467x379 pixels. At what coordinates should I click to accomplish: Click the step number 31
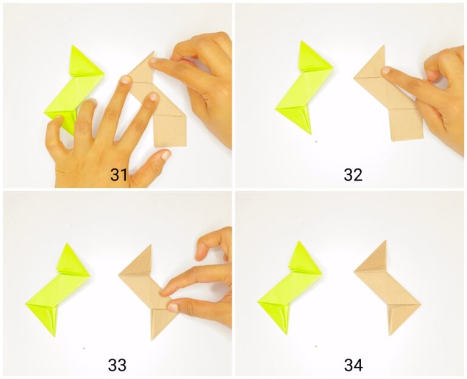coord(119,175)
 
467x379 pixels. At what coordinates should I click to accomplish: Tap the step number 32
coord(353,175)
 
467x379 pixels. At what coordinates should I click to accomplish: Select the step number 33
coord(117,365)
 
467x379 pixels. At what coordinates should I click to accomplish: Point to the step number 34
coord(353,365)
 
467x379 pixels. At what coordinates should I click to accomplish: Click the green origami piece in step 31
coord(73,91)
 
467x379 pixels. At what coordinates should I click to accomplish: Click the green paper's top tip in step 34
coord(300,242)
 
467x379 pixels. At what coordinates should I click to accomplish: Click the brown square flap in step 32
coord(406,124)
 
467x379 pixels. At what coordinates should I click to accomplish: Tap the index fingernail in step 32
coord(386,71)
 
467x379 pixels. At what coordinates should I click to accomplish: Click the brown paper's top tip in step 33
coord(149,245)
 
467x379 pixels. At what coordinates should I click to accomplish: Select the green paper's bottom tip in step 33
coord(53,335)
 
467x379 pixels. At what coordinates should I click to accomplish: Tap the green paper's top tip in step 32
coord(303,42)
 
